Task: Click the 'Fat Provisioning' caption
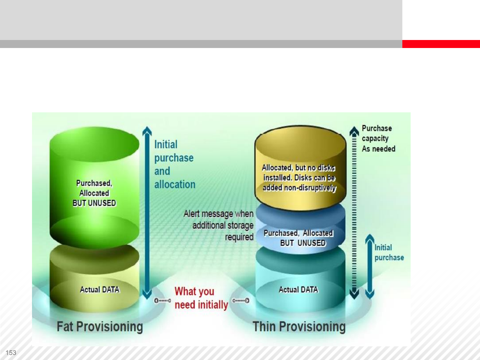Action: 100,327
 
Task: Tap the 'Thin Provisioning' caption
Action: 299,327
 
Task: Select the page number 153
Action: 11,353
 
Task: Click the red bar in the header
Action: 441,44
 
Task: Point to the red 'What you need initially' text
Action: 201,298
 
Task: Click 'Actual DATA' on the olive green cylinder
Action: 100,290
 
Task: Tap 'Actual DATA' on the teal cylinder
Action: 298,290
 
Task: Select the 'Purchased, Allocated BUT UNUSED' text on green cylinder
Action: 94,193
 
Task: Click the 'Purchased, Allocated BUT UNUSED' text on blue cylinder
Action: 299,238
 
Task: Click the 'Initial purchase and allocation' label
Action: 174,164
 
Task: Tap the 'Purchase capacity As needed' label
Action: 378,138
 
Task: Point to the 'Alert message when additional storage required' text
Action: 219,225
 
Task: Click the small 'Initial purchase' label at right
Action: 389,252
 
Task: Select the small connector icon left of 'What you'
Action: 162,301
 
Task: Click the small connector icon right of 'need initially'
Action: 241,301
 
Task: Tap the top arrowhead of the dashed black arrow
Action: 354,131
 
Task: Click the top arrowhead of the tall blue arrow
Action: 147,131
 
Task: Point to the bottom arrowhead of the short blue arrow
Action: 370,294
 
